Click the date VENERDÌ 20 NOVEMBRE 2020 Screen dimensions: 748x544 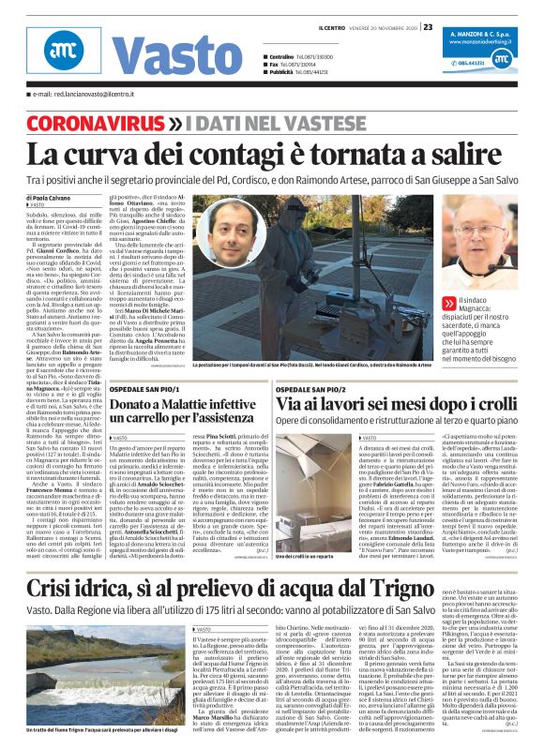[x=381, y=26]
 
